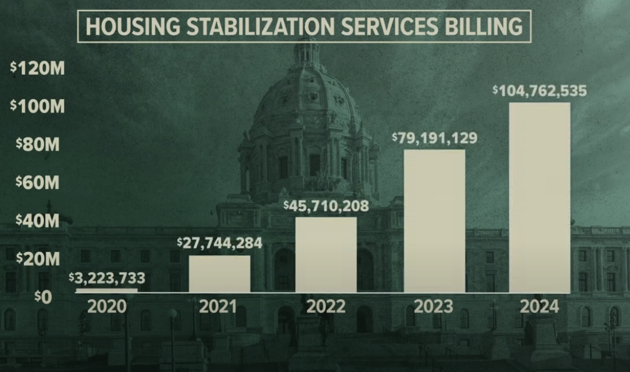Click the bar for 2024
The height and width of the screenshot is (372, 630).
click(539, 197)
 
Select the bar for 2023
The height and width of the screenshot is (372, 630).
click(434, 221)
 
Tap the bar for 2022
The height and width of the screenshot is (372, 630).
click(326, 254)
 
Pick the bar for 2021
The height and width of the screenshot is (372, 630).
click(219, 274)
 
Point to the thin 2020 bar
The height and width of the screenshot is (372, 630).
click(106, 290)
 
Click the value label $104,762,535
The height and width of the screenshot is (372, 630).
click(532, 90)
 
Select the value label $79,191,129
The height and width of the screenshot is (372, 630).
click(434, 137)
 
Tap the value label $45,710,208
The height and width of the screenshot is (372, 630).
click(326, 206)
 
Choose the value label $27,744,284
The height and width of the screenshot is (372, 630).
click(219, 243)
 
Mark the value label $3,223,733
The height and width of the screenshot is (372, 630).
click(107, 277)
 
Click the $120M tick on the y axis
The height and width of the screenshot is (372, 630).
click(38, 69)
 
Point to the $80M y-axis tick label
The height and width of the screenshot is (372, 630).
click(38, 145)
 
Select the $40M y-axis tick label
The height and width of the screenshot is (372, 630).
click(38, 221)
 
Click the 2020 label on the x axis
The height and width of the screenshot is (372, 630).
click(106, 307)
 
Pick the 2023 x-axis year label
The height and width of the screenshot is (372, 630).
click(433, 307)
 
